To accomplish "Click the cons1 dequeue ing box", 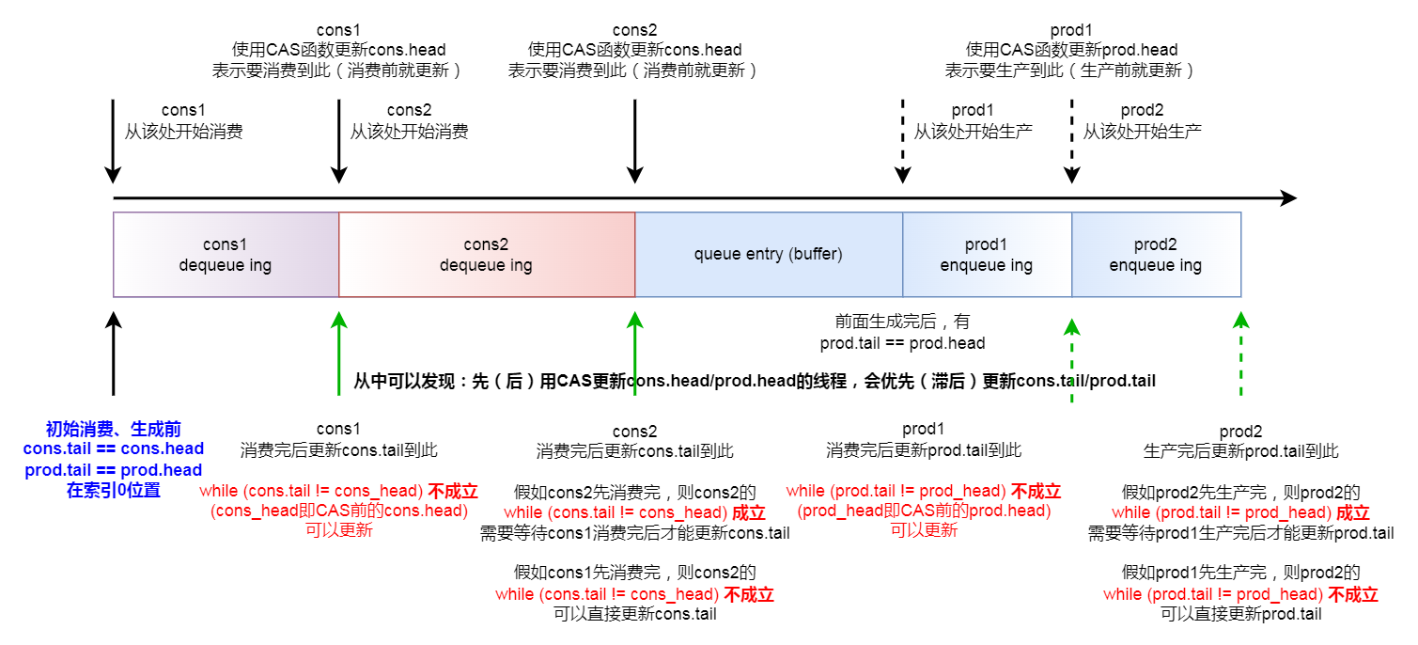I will pyautogui.click(x=226, y=255).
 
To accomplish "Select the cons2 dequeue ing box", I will pyautogui.click(x=486, y=255).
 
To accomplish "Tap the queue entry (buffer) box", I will pyautogui.click(x=768, y=255).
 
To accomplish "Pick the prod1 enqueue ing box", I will pyautogui.click(x=987, y=255).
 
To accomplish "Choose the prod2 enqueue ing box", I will pyautogui.click(x=1156, y=255).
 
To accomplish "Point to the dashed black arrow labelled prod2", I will pyautogui.click(x=1072, y=141).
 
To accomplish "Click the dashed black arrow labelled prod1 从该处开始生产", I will pyautogui.click(x=903, y=141).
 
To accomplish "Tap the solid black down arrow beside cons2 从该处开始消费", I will pyautogui.click(x=339, y=141).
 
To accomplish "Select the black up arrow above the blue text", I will pyautogui.click(x=114, y=353).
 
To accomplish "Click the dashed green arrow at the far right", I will pyautogui.click(x=1241, y=357).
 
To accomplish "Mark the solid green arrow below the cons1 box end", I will pyautogui.click(x=339, y=353).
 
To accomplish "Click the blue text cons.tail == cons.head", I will pyautogui.click(x=114, y=449).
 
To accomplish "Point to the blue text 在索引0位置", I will pyautogui.click(x=114, y=490).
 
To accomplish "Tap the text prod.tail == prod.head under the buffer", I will pyautogui.click(x=902, y=343).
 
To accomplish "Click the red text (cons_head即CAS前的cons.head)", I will pyautogui.click(x=339, y=511).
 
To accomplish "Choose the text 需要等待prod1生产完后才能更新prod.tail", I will pyautogui.click(x=1240, y=533).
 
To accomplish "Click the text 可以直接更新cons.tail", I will pyautogui.click(x=635, y=614).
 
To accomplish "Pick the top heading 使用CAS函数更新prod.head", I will pyautogui.click(x=1071, y=50).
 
